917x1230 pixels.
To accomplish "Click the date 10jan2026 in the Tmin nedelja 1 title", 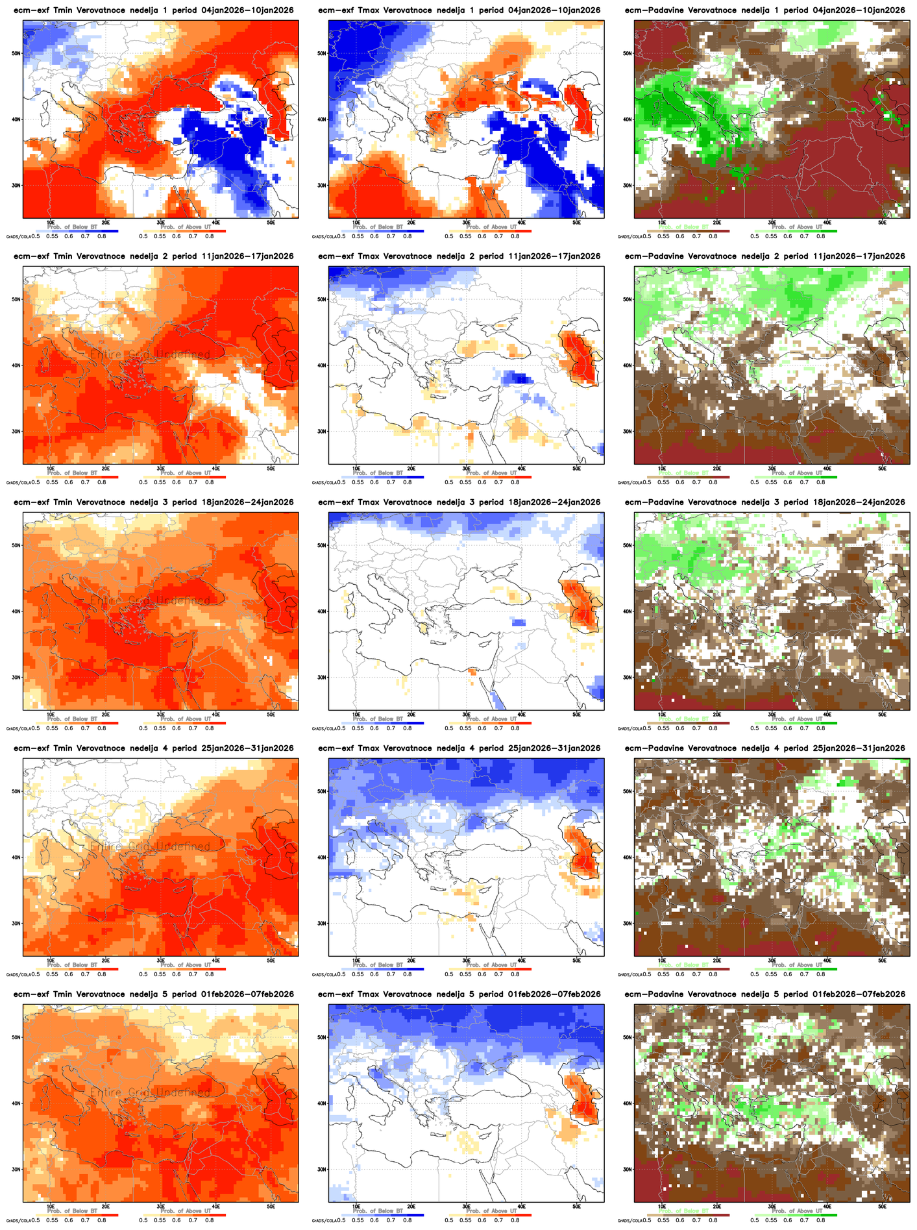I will [x=268, y=10].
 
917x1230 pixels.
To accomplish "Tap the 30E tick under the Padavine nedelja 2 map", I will [x=772, y=468].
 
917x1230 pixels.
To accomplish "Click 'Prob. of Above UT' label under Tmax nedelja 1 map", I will [x=491, y=227].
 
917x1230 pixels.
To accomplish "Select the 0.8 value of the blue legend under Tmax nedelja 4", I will [x=408, y=974].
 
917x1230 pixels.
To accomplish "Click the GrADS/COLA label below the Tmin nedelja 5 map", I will [x=18, y=1220].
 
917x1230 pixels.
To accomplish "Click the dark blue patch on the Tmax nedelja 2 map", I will [x=517, y=377].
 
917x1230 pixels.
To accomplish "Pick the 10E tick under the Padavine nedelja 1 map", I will [x=662, y=222].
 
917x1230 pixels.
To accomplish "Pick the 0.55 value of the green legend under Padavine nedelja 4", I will [x=771, y=974].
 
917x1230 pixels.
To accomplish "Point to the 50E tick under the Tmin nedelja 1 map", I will [x=271, y=222].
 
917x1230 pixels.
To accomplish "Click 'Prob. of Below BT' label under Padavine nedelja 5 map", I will [x=683, y=1211].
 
